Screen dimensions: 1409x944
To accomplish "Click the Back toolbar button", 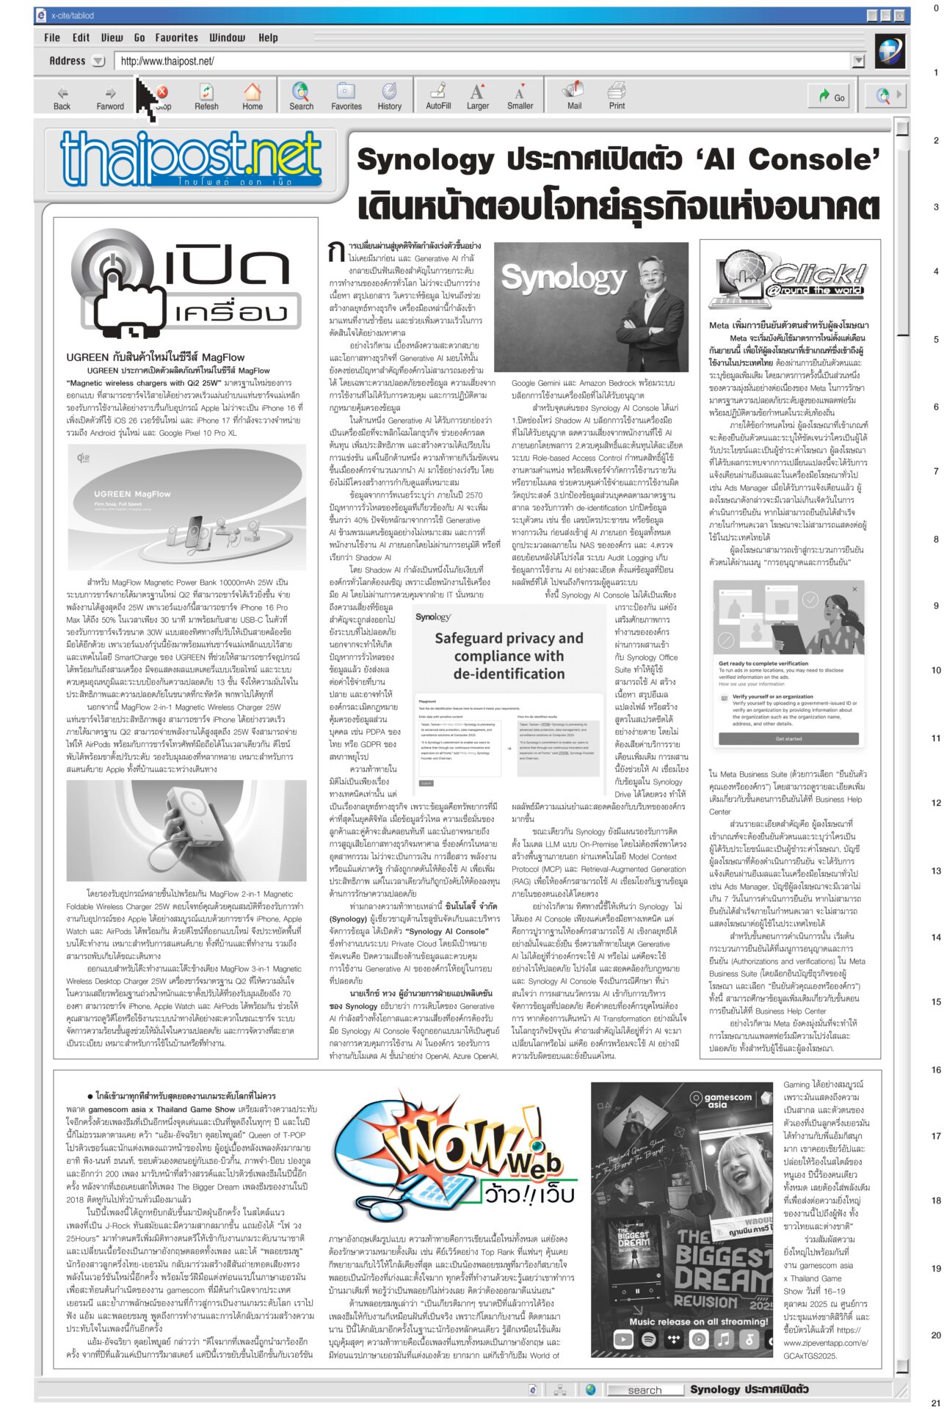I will (x=62, y=96).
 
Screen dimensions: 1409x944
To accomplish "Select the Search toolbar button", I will (x=301, y=96).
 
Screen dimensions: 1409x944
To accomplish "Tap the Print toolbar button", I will (x=617, y=96).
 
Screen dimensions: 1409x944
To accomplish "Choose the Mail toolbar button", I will (x=574, y=96).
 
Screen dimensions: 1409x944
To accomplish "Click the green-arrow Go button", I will (x=832, y=96).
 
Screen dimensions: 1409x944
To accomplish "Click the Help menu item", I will (x=268, y=37).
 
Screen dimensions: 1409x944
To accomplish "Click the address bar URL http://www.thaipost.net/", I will (x=167, y=62).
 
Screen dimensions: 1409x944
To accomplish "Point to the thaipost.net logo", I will (x=191, y=159).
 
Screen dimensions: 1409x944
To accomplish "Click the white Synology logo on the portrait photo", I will (x=563, y=277).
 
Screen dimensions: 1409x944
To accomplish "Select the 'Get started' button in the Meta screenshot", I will (x=788, y=738).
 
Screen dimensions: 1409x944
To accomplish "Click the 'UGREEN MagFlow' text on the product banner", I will (x=132, y=494).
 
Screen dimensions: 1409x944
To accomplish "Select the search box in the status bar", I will (x=644, y=1389).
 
